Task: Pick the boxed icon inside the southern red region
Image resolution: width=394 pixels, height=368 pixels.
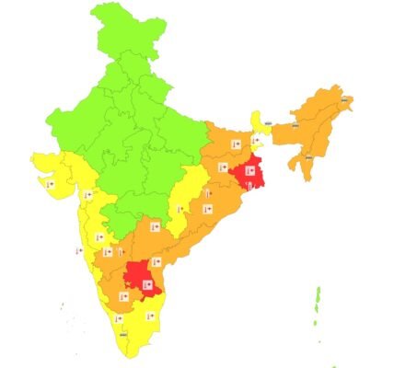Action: [145, 272]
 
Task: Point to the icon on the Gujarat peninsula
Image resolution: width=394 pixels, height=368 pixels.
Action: [52, 184]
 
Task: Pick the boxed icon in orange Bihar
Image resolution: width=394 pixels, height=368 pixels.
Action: [235, 144]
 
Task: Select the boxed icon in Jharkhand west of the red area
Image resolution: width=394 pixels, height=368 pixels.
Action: [223, 167]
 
